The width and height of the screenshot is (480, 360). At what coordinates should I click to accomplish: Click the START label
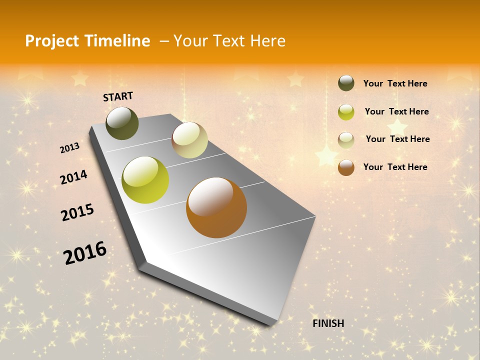click(118, 96)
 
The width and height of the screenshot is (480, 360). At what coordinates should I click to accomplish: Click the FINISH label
click(328, 323)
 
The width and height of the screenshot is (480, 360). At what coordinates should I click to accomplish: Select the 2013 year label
click(70, 148)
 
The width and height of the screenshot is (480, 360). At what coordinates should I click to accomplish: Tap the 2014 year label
click(73, 177)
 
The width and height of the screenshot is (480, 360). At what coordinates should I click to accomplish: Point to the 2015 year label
click(77, 212)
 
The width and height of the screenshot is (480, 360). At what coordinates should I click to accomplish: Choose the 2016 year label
click(85, 252)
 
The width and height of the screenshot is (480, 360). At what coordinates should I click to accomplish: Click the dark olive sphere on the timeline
click(122, 123)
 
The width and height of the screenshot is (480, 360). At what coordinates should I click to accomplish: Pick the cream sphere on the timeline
click(189, 140)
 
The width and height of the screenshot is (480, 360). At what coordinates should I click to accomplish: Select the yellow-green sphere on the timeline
click(145, 180)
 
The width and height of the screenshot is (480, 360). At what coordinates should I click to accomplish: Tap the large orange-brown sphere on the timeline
click(216, 207)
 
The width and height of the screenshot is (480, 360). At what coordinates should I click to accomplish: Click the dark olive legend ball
click(346, 83)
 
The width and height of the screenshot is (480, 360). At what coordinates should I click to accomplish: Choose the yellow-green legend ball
click(346, 112)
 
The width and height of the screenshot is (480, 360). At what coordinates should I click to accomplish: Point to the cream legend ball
click(346, 140)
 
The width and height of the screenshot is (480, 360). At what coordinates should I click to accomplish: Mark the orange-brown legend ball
click(346, 167)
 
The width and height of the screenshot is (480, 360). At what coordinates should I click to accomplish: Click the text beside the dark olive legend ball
click(395, 83)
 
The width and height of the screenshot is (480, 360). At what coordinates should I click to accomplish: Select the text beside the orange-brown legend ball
click(395, 167)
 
